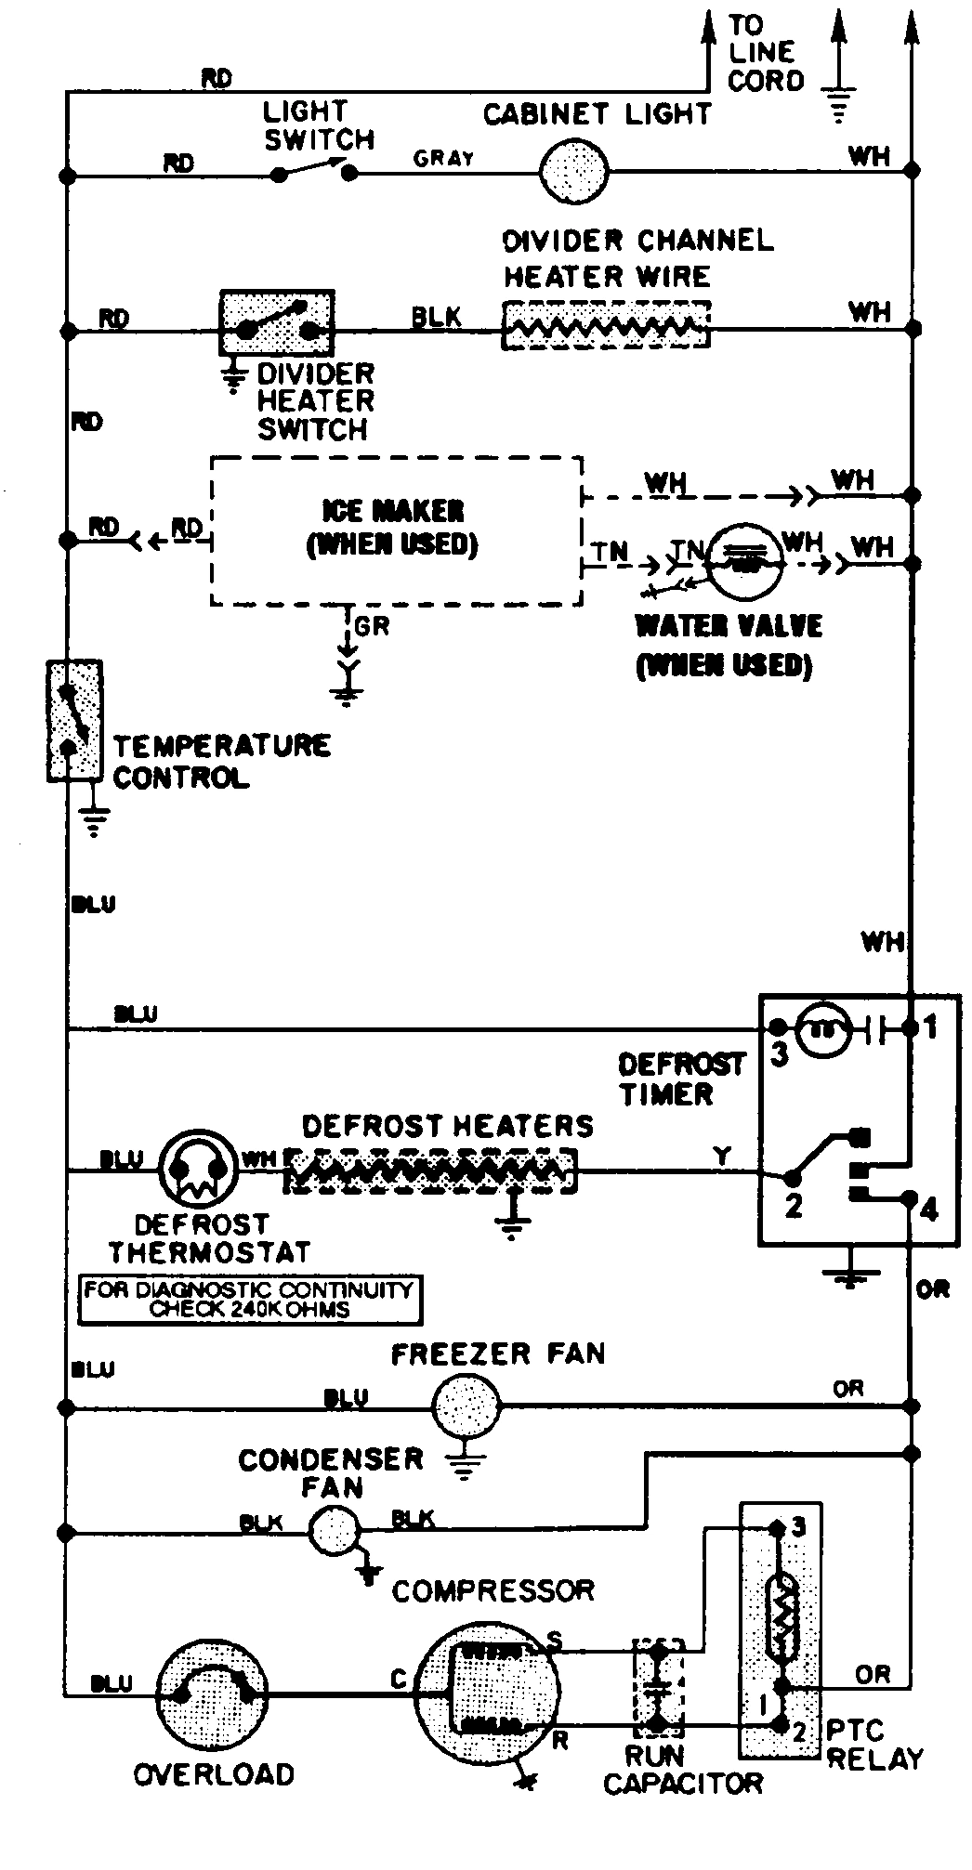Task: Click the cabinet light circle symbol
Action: click(x=573, y=172)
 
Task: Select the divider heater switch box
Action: click(x=276, y=323)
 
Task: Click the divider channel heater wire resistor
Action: click(x=605, y=326)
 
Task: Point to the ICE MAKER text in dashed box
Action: click(x=393, y=511)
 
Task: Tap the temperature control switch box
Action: click(x=73, y=721)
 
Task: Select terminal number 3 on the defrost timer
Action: click(x=779, y=1055)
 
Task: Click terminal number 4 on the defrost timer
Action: click(x=928, y=1210)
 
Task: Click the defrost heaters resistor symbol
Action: click(x=429, y=1170)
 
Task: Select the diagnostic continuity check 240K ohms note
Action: click(x=249, y=1300)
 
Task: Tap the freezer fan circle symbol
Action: click(x=466, y=1407)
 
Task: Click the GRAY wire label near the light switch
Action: click(x=443, y=158)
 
